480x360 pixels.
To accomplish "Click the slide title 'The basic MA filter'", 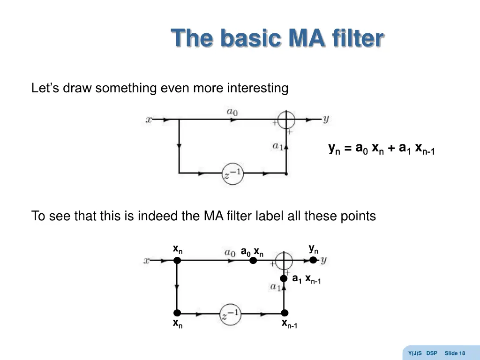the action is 277,38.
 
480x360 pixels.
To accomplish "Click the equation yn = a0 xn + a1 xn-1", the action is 382,149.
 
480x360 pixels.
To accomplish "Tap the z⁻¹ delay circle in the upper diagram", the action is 232,173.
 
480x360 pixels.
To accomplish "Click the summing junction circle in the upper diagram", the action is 286,120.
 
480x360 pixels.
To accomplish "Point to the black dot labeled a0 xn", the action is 253,261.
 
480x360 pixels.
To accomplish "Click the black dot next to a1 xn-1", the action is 284,278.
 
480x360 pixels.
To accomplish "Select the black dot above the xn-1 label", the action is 284,313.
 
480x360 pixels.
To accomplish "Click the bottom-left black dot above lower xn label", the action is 177,313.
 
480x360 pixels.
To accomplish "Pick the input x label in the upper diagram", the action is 149,120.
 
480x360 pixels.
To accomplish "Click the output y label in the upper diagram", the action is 326,119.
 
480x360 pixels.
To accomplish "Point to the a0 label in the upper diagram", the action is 232,112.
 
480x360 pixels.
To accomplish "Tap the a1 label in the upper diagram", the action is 277,146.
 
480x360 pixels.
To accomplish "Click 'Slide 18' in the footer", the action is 455,353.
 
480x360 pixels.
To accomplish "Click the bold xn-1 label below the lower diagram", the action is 289,323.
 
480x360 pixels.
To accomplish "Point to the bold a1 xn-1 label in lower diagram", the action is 306,279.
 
